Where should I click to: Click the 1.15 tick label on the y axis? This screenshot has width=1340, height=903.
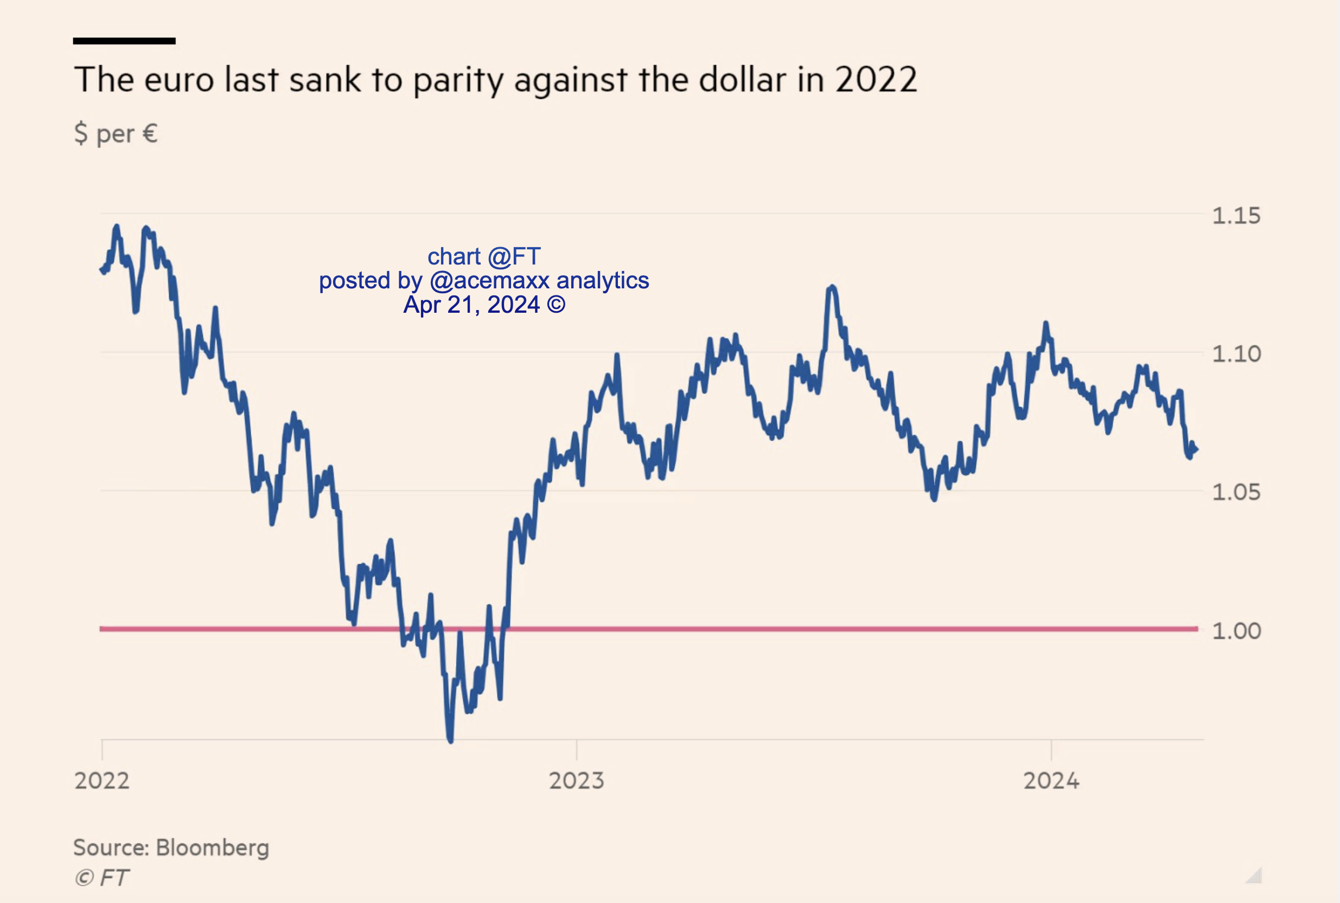[x=1236, y=216]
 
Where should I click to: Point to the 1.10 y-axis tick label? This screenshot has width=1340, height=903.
[x=1236, y=353]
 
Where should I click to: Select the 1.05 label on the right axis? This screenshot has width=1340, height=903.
[x=1236, y=492]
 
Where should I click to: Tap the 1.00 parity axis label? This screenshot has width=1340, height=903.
[x=1236, y=631]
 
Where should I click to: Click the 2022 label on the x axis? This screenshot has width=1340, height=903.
[x=102, y=781]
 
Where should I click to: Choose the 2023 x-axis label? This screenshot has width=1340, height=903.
[x=576, y=781]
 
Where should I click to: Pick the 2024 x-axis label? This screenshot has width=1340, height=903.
[x=1051, y=781]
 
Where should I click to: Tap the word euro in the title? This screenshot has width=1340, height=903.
[x=178, y=80]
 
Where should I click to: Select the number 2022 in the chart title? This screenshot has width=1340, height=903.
[x=876, y=80]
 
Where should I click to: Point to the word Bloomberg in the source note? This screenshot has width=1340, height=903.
[x=212, y=848]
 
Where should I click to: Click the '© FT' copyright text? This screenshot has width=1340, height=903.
[x=101, y=878]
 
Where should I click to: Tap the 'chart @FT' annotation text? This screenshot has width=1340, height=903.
[x=484, y=256]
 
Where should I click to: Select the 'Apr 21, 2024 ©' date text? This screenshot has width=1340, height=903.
[x=484, y=305]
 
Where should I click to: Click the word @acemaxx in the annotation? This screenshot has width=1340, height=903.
[x=490, y=280]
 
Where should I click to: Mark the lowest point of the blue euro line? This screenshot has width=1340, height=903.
[x=450, y=740]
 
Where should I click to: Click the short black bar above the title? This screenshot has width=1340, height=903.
[x=124, y=41]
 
